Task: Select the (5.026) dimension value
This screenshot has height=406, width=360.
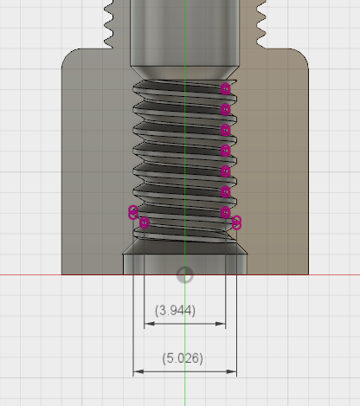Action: click(x=182, y=358)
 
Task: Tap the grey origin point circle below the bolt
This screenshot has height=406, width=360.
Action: click(x=184, y=275)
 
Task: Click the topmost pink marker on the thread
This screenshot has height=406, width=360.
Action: click(x=226, y=88)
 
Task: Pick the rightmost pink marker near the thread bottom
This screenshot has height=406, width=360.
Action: click(x=237, y=223)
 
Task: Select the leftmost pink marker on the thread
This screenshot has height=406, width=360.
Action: click(x=133, y=212)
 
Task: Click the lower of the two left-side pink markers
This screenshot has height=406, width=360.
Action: click(x=145, y=223)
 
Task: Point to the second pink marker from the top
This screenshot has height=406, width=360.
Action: click(x=226, y=109)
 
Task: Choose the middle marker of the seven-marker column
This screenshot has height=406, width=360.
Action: click(x=226, y=151)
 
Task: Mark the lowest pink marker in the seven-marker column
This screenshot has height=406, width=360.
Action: click(x=226, y=212)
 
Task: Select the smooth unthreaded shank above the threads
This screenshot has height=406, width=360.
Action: click(x=184, y=35)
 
